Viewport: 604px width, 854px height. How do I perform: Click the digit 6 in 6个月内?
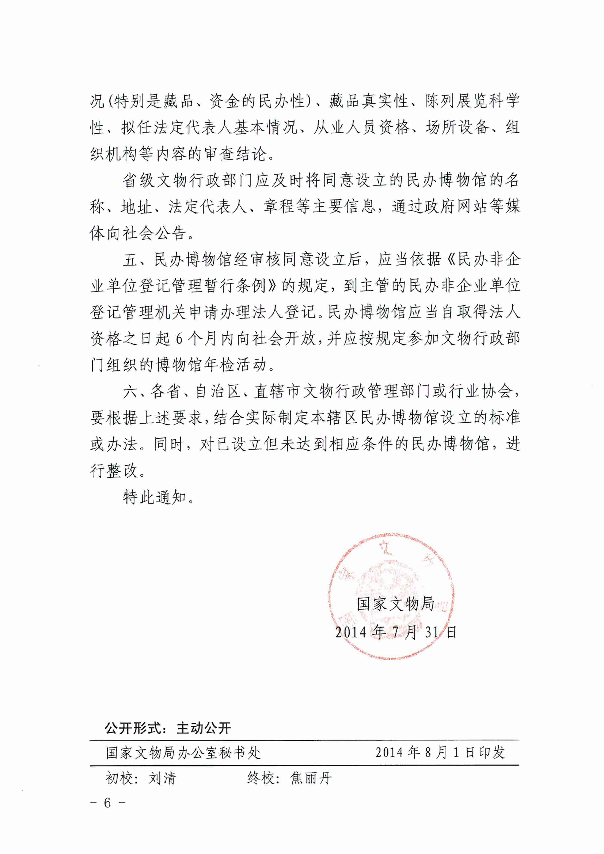point(179,339)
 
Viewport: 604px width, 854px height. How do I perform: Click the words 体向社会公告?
point(138,233)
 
